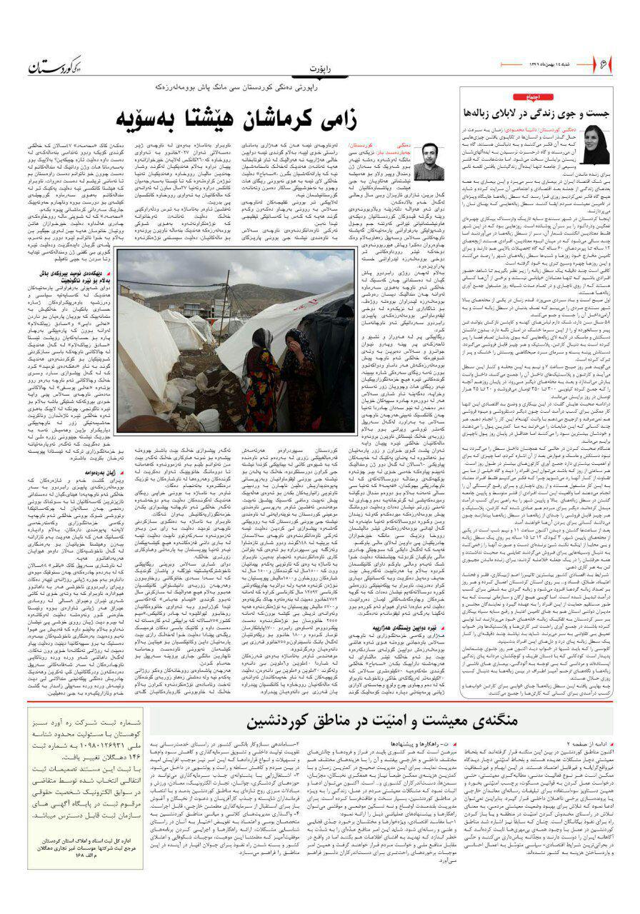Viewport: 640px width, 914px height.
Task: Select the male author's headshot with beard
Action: (429, 160)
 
